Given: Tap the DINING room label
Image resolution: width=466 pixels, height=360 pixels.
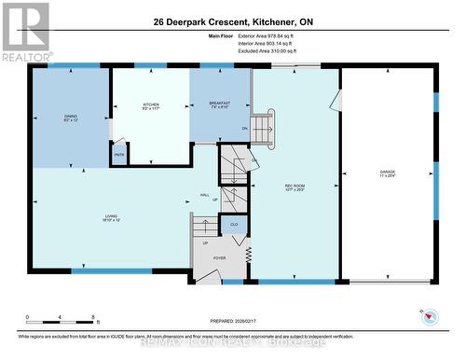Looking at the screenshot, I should [x=70, y=117].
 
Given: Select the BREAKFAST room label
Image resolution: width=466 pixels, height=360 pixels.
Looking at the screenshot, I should [x=219, y=104].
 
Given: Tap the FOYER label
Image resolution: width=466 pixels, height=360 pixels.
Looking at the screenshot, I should [x=220, y=258].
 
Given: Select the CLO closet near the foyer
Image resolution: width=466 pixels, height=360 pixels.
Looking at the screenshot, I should [x=232, y=225].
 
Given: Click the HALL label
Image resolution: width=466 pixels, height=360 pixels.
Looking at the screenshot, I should [x=204, y=195].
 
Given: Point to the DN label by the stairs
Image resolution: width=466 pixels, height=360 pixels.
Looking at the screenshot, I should [x=245, y=128].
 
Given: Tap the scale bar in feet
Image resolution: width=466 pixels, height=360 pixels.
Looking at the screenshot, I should [x=62, y=318].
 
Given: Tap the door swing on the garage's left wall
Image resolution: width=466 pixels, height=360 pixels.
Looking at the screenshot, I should [x=338, y=100].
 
